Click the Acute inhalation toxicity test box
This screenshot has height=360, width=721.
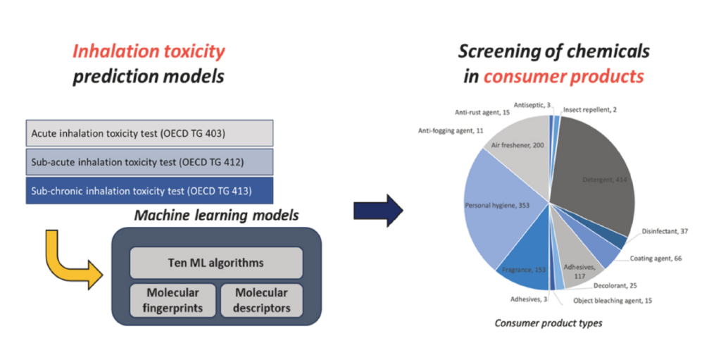coord(149,132)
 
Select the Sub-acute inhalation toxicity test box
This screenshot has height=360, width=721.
coord(149,162)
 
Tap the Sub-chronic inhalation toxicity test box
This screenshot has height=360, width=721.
coord(149,190)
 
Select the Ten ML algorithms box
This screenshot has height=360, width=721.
coord(216,263)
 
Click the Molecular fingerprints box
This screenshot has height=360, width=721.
coord(173,299)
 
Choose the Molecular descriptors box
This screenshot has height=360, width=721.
coord(261,299)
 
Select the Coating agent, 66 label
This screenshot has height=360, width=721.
coord(658,259)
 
